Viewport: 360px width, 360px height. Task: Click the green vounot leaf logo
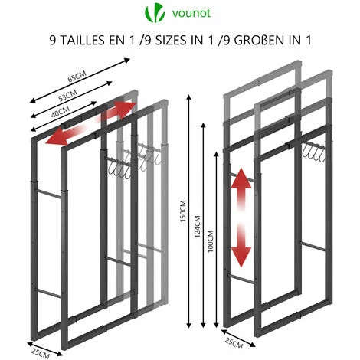pyautogui.click(x=155, y=12)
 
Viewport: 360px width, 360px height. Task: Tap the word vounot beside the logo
pyautogui.click(x=191, y=13)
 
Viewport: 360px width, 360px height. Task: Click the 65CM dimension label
pyautogui.click(x=77, y=77)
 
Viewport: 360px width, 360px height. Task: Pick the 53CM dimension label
pyautogui.click(x=67, y=96)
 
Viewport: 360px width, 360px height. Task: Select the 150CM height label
pyautogui.click(x=183, y=211)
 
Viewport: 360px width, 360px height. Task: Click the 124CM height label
pyautogui.click(x=198, y=227)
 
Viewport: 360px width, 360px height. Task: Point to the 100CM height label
pyautogui.click(x=211, y=241)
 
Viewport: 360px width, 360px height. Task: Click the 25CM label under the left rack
pyautogui.click(x=41, y=352)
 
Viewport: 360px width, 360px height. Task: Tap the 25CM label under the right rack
pyautogui.click(x=234, y=342)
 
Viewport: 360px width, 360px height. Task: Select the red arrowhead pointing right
pyautogui.click(x=125, y=108)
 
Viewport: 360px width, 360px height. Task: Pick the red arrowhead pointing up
pyautogui.click(x=241, y=178)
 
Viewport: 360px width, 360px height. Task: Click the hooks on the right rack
pyautogui.click(x=313, y=152)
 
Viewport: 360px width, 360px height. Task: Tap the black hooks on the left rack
pyautogui.click(x=119, y=167)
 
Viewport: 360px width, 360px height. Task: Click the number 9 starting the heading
pyautogui.click(x=53, y=41)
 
